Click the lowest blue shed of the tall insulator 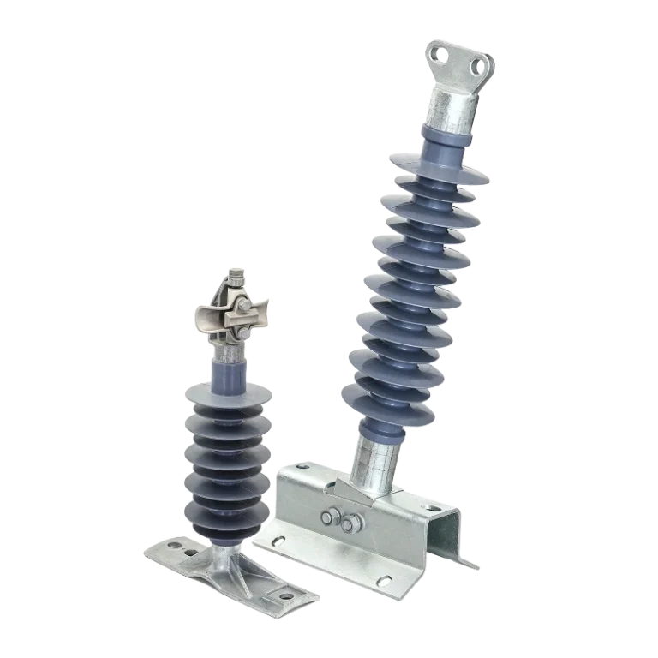[382, 397]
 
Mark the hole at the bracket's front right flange [384, 584]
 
